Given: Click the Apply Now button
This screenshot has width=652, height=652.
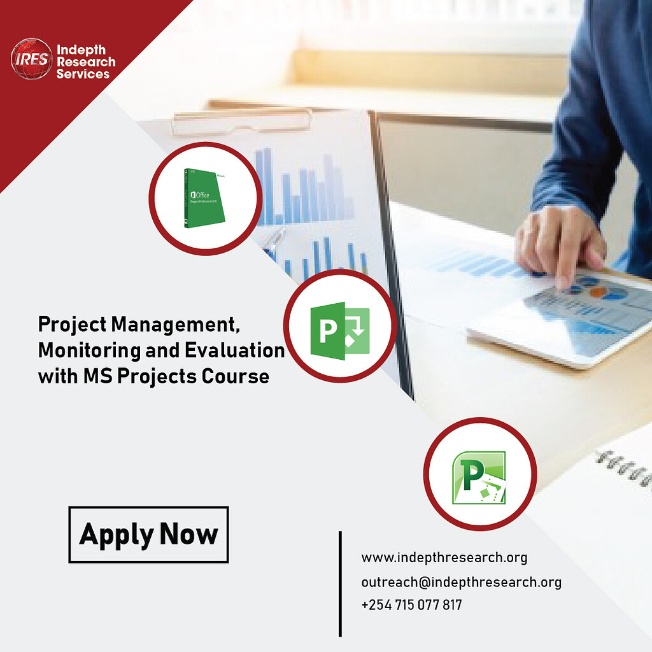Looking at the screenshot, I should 148,534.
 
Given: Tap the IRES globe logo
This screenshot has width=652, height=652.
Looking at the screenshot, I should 31,60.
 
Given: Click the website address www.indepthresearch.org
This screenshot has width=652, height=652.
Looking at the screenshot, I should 444,558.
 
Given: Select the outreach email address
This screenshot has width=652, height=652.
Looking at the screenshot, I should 461,582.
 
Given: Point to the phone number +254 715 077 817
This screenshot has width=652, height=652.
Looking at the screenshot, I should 411,605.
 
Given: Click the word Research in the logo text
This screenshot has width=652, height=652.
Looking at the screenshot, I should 86,62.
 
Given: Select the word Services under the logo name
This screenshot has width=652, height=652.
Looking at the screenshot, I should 83,74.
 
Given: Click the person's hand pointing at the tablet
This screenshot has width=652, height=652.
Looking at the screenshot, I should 560,245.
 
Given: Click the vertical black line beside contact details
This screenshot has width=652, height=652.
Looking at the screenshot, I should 340,583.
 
